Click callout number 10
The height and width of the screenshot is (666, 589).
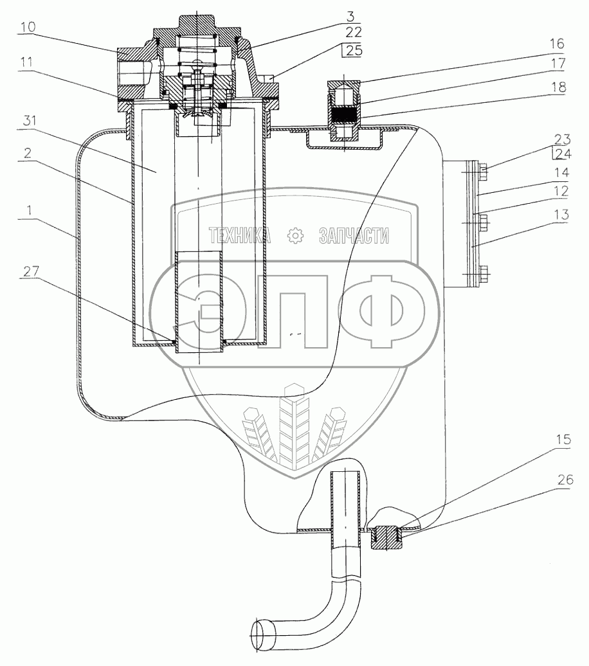pyautogui.click(x=28, y=27)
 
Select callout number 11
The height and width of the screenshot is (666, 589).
pyautogui.click(x=26, y=62)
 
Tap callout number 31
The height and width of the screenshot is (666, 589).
pyautogui.click(x=30, y=121)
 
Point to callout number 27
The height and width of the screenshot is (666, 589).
pyautogui.click(x=31, y=271)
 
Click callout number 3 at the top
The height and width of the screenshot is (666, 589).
pyautogui.click(x=350, y=16)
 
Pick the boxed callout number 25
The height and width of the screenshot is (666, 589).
pyautogui.click(x=354, y=50)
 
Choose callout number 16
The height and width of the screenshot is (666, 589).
pyautogui.click(x=556, y=43)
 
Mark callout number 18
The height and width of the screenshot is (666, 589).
pyautogui.click(x=558, y=87)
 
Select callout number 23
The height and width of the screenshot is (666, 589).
pyautogui.click(x=562, y=139)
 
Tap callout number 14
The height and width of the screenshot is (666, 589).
pyautogui.click(x=561, y=172)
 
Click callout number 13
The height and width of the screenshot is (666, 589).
pyautogui.click(x=561, y=215)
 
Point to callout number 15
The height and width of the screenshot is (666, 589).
pyautogui.click(x=564, y=439)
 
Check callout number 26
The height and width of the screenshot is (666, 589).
pyautogui.click(x=565, y=480)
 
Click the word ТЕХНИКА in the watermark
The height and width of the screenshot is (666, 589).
pyautogui.click(x=239, y=235)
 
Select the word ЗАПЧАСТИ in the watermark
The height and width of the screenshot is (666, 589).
pyautogui.click(x=354, y=235)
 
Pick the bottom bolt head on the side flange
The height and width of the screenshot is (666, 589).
pyautogui.click(x=484, y=274)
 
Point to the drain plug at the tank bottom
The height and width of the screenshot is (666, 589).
pyautogui.click(x=386, y=537)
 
